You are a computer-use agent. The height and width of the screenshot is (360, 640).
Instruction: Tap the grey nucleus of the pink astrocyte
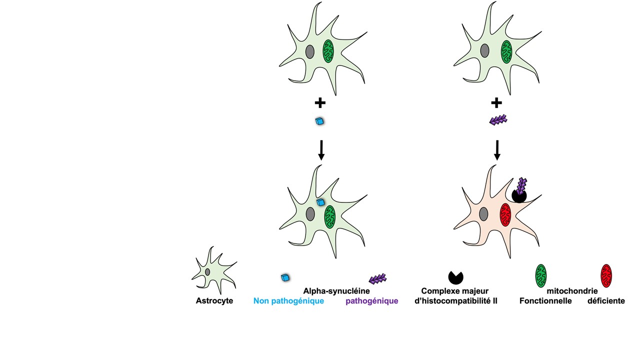point(483,214)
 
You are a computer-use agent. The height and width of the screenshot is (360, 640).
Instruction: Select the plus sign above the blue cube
point(320,103)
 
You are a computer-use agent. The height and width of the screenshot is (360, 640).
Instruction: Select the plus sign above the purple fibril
point(496,103)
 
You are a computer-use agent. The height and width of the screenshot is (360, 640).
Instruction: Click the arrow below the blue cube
point(321,149)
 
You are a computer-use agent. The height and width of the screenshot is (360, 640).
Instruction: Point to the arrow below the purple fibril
point(497,149)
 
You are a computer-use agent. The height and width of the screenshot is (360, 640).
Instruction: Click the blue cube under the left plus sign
point(319,121)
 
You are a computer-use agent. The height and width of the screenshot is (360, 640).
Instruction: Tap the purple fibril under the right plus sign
point(498,120)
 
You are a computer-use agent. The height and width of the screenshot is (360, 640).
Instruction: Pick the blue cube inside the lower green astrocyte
point(321,202)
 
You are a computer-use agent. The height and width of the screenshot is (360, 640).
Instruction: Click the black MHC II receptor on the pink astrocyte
point(518,195)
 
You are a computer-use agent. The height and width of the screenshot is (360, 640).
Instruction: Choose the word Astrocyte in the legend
point(214,301)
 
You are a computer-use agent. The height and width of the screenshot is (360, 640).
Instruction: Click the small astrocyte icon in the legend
point(213,270)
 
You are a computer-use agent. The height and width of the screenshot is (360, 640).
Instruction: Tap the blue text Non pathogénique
point(288,301)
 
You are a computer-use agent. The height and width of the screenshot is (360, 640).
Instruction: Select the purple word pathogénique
point(371,301)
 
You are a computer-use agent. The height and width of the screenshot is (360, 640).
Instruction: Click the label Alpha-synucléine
point(333,290)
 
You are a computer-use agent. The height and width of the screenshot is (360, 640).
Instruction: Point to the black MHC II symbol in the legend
point(455,276)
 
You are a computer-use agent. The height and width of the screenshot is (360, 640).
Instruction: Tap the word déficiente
point(606,301)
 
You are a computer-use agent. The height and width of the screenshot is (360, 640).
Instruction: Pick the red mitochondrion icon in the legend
point(606,275)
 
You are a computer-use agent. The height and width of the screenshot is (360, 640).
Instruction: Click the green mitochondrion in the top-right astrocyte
point(506,51)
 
